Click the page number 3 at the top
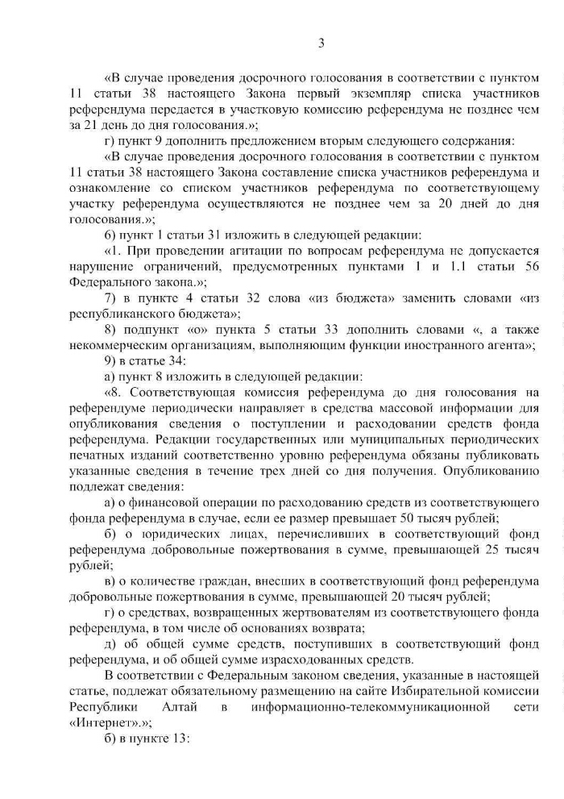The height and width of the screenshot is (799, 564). click(321, 43)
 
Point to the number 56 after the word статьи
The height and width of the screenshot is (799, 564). click(531, 267)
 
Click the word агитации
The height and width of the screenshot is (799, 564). click(234, 252)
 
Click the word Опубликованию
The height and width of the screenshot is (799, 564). click(487, 471)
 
